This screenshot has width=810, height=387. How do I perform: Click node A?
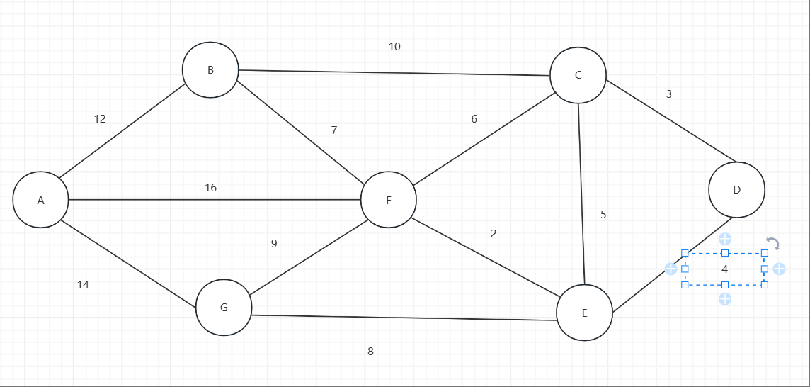[41, 200]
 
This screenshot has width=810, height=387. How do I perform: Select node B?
[210, 69]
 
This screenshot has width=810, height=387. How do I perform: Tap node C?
[578, 75]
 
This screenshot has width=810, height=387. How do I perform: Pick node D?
[736, 190]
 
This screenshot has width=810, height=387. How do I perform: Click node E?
[584, 313]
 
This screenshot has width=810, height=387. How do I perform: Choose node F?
[388, 200]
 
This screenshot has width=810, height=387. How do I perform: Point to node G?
[224, 308]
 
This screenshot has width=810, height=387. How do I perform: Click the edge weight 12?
[100, 119]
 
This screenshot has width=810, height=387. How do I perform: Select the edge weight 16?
[210, 188]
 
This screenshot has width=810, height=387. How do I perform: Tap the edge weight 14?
[83, 285]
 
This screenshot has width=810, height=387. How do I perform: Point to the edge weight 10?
[394, 47]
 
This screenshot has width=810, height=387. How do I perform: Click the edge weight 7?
[334, 130]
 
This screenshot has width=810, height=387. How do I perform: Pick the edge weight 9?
[274, 244]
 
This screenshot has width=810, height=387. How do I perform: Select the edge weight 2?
[494, 234]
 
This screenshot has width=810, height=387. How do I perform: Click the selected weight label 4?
[724, 269]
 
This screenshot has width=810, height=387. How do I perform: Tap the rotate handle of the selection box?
[773, 244]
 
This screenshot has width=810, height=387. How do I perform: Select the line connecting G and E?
[404, 318]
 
